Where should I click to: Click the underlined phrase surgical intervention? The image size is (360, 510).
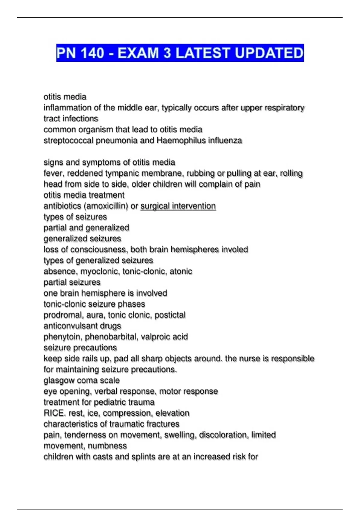(178, 206)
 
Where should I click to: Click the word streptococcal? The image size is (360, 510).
(68, 140)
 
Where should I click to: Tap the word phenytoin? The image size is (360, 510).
(62, 337)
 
